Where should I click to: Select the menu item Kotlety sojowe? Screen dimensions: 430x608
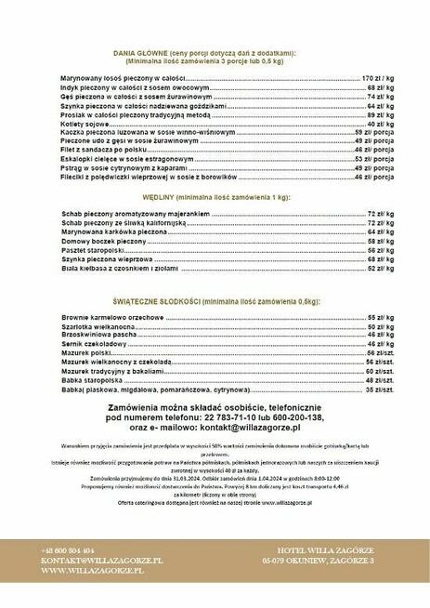pyautogui.click(x=85, y=123)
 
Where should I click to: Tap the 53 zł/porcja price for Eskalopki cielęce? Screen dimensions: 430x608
pyautogui.click(x=376, y=158)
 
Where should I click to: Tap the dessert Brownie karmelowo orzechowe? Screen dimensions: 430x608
pyautogui.click(x=112, y=318)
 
